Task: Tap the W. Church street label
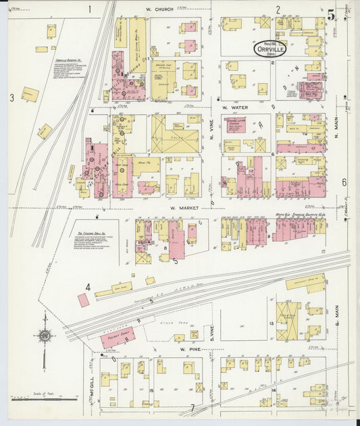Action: tap(159, 9)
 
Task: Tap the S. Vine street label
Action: tap(211, 329)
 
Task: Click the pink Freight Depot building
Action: tap(118, 338)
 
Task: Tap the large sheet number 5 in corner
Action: tap(331, 15)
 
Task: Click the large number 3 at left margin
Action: tap(11, 98)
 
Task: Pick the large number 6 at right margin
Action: tap(344, 182)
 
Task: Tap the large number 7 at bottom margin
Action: tap(192, 408)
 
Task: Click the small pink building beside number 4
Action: tap(83, 300)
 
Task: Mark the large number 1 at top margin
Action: tap(89, 9)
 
